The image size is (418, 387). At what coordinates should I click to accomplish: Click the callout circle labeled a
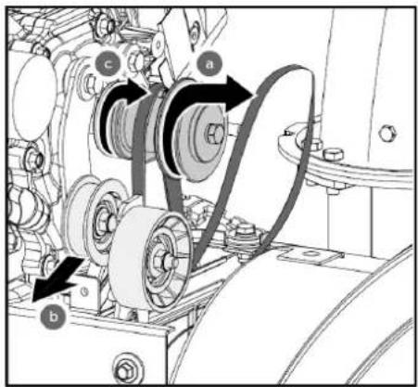point(209,65)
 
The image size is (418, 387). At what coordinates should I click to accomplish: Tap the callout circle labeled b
point(54,316)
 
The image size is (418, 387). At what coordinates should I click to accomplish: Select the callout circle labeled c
point(108,65)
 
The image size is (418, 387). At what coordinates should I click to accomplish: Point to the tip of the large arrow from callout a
point(253,94)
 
